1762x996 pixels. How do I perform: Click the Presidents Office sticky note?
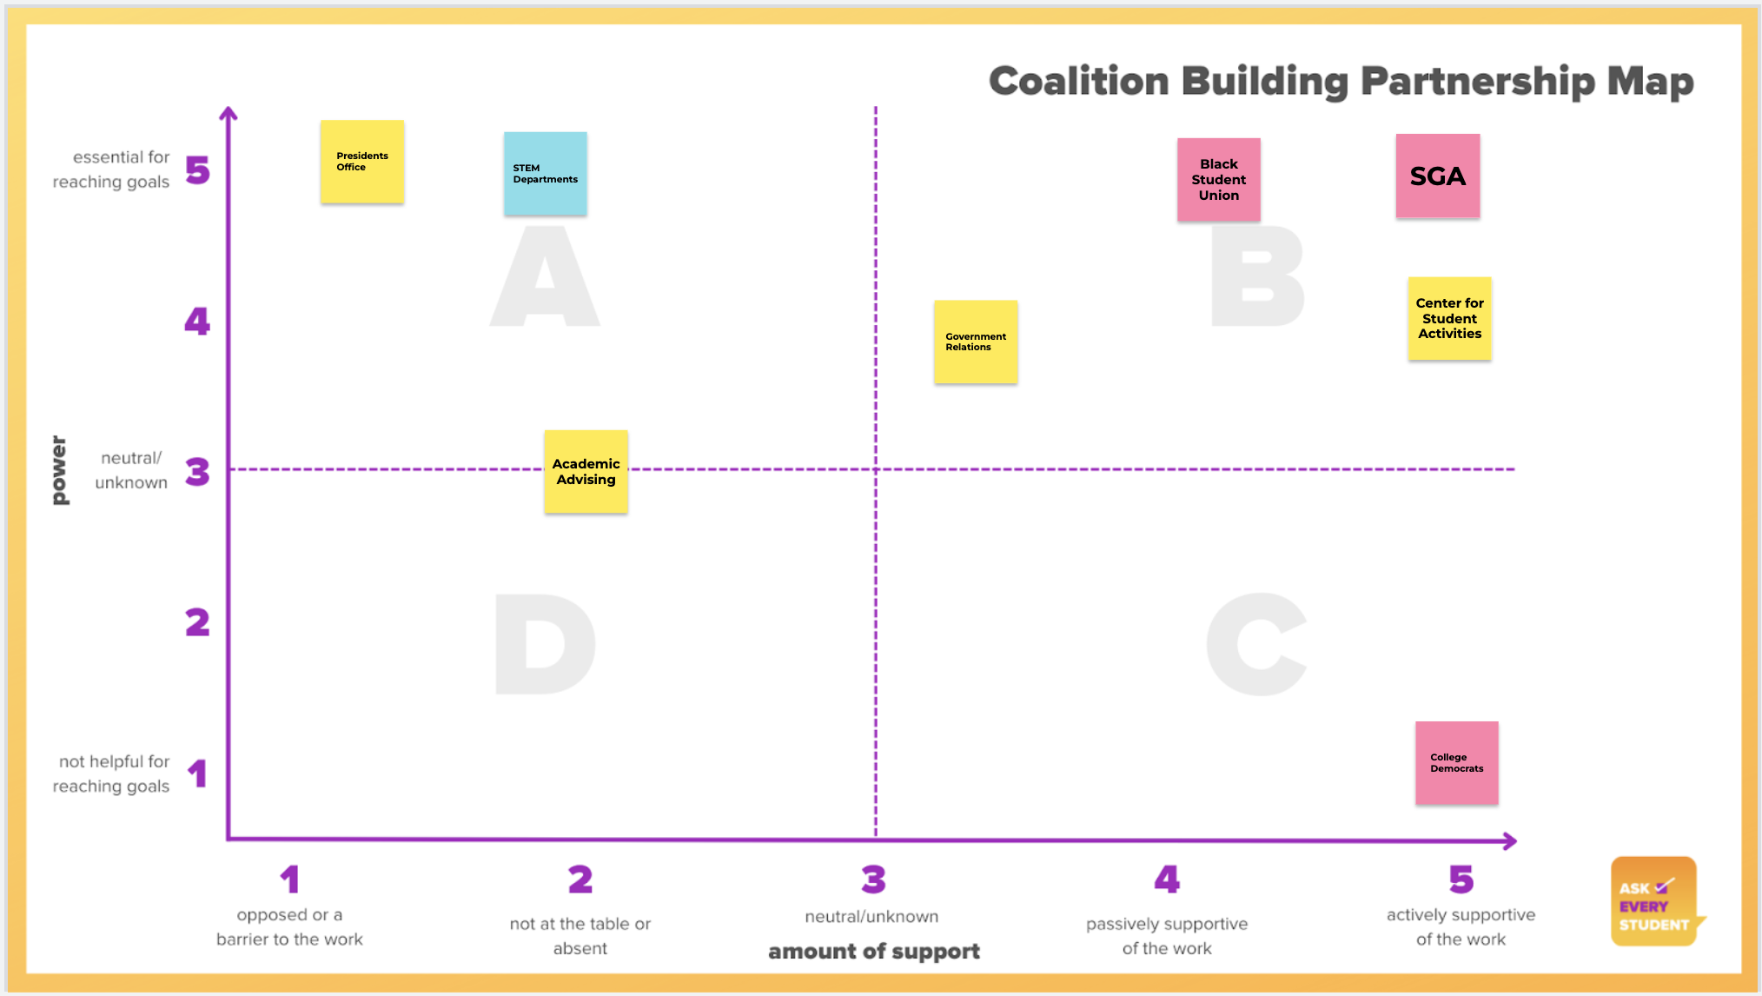click(362, 162)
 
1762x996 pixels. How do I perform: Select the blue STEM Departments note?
click(545, 174)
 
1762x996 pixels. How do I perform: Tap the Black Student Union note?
click(1218, 179)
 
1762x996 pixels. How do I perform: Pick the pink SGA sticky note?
click(1437, 176)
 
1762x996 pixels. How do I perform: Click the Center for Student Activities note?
click(1449, 318)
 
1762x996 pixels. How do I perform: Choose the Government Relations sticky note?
click(975, 342)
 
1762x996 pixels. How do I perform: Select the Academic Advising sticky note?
click(586, 471)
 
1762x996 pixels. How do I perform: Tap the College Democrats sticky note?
click(1456, 762)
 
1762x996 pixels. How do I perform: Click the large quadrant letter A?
click(545, 278)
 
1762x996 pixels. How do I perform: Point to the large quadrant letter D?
click(545, 645)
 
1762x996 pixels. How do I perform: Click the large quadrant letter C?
click(1256, 645)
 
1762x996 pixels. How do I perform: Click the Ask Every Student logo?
click(1653, 902)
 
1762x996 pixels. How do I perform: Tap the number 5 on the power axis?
click(197, 170)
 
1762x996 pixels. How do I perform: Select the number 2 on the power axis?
click(197, 622)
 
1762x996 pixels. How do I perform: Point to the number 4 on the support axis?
click(1166, 880)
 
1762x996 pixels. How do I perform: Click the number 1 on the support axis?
click(289, 880)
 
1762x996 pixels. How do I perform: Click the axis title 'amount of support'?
click(873, 951)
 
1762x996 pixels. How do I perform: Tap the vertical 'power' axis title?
click(59, 470)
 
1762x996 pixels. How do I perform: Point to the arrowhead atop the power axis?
click(229, 113)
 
